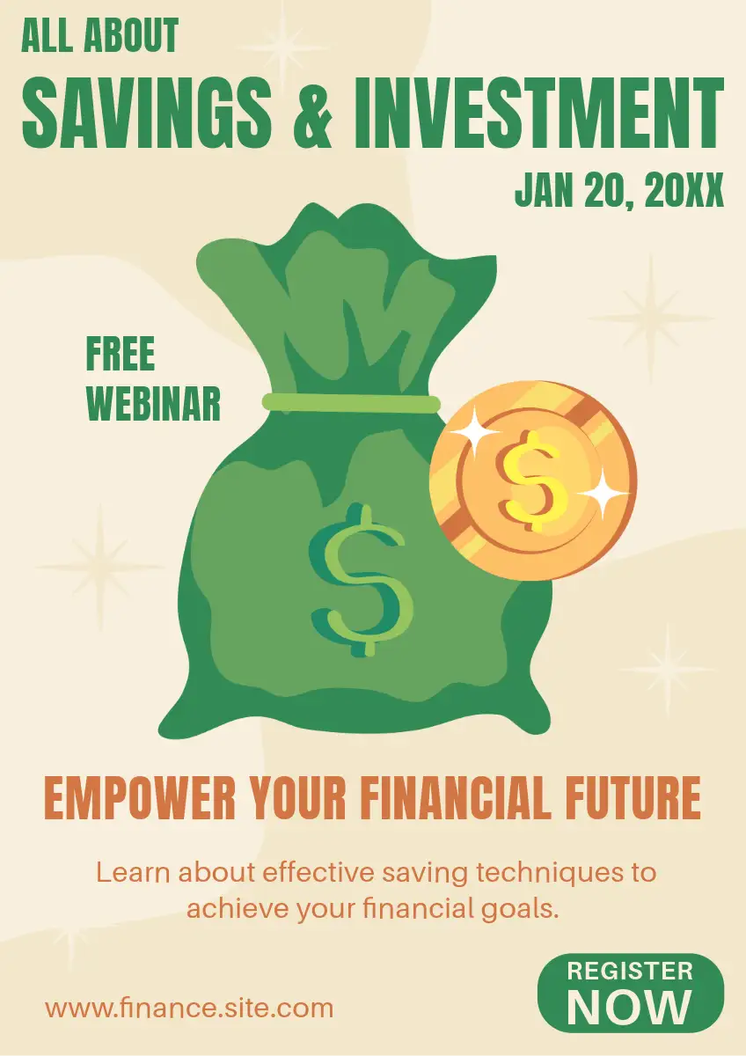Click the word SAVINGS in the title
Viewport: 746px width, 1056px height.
pyautogui.click(x=147, y=114)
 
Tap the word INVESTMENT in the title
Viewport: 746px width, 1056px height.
pyautogui.click(x=538, y=114)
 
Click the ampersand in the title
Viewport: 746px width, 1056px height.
pyautogui.click(x=313, y=114)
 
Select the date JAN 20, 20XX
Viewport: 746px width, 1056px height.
pyautogui.click(x=618, y=189)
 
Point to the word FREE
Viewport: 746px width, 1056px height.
pyautogui.click(x=121, y=354)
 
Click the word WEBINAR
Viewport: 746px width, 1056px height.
pyautogui.click(x=154, y=404)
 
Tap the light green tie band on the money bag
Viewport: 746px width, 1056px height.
pyautogui.click(x=351, y=403)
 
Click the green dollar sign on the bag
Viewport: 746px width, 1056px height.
pyautogui.click(x=362, y=581)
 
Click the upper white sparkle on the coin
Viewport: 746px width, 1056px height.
pyautogui.click(x=474, y=432)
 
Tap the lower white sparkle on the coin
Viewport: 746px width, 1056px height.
pyautogui.click(x=603, y=494)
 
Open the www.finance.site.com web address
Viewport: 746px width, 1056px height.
pyautogui.click(x=189, y=1008)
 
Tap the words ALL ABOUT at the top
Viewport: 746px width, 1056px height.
pyautogui.click(x=100, y=35)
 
